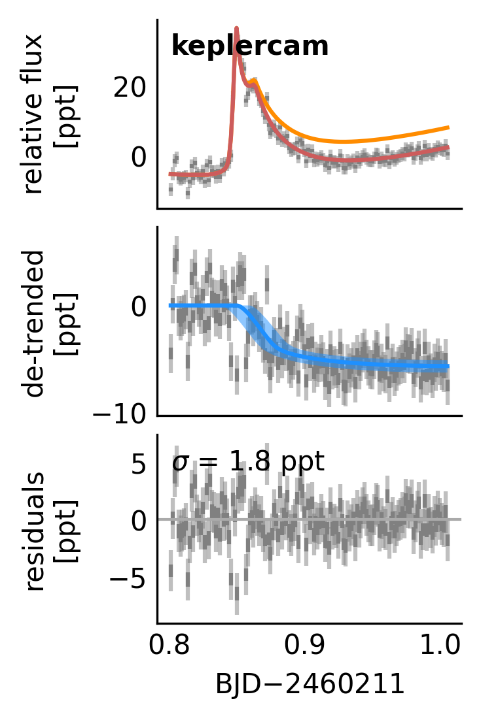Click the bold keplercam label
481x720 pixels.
[x=249, y=46]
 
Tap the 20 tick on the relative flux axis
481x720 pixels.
[x=130, y=88]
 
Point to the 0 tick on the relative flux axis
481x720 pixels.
[x=139, y=157]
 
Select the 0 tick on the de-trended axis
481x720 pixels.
[x=139, y=306]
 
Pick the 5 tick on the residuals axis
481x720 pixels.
[x=139, y=465]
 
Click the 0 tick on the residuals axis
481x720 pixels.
[x=139, y=521]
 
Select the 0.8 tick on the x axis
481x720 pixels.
[x=171, y=647]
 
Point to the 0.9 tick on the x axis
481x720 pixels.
[x=309, y=647]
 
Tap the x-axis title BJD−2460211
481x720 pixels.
[x=309, y=684]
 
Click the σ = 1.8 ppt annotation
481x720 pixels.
[x=248, y=462]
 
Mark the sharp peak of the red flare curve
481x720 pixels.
[x=236, y=29]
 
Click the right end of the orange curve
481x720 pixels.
[x=448, y=127]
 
